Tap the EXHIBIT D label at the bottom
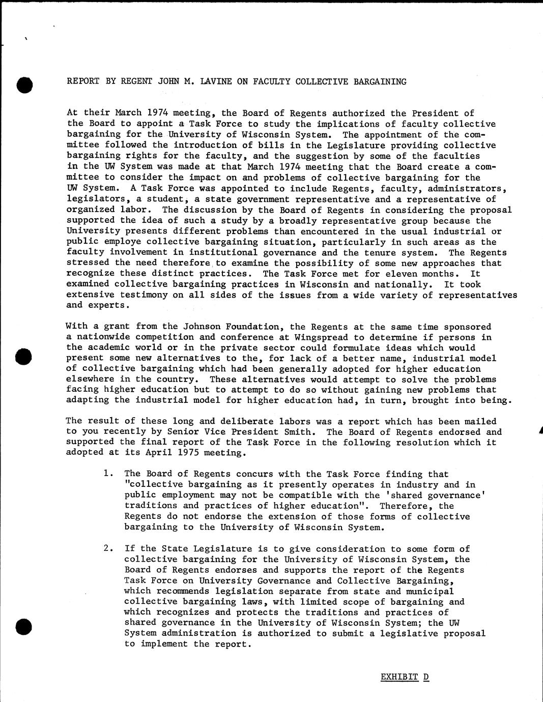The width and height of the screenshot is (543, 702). pos(405,677)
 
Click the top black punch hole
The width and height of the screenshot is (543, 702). pos(24,85)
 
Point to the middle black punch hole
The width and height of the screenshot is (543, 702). pos(23,357)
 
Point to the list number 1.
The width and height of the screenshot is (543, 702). pos(106,474)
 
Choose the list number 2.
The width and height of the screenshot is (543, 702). pos(106,548)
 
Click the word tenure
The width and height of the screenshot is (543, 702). pos(372,252)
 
